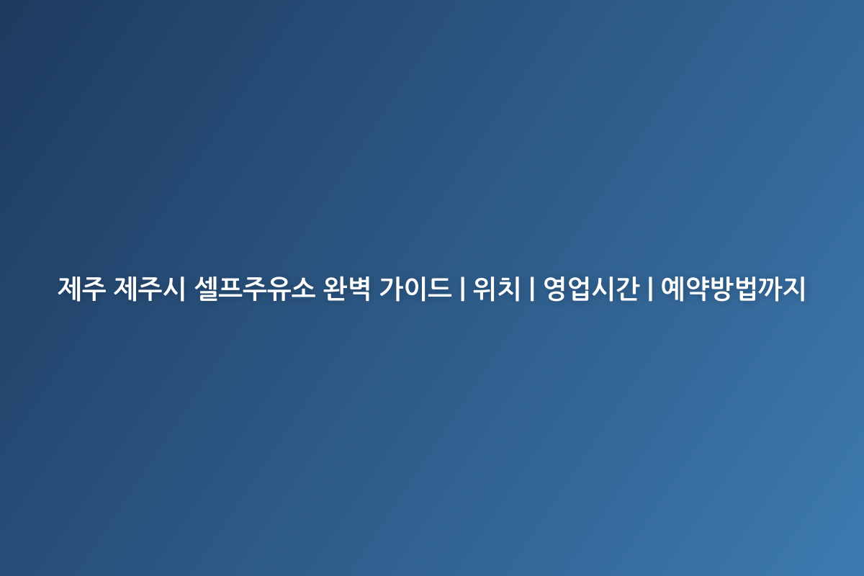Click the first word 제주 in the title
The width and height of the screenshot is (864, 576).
[81, 288]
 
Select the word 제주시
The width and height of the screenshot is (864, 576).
[150, 288]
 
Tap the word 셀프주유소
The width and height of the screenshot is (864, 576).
[255, 288]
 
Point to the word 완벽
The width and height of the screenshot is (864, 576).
[347, 288]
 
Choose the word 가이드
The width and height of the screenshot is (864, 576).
[415, 288]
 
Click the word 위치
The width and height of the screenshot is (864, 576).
[497, 288]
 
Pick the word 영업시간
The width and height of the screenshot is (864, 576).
[591, 288]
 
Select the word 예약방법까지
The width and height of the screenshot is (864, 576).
[733, 288]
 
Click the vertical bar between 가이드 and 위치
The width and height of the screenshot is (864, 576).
[462, 289]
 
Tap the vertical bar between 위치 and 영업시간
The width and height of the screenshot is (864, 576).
[532, 289]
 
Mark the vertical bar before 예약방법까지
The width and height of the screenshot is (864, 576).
[650, 289]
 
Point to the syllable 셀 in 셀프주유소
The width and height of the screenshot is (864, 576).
[207, 288]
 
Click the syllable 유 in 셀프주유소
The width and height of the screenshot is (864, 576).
[279, 288]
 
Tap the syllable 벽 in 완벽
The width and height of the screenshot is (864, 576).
[359, 288]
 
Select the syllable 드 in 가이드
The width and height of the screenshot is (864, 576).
[440, 288]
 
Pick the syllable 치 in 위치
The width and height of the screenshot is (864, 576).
[509, 288]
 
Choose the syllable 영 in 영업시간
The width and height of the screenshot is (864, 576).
[555, 288]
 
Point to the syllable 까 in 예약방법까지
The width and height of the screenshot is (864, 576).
[770, 288]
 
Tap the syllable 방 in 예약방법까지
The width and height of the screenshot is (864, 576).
[721, 288]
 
